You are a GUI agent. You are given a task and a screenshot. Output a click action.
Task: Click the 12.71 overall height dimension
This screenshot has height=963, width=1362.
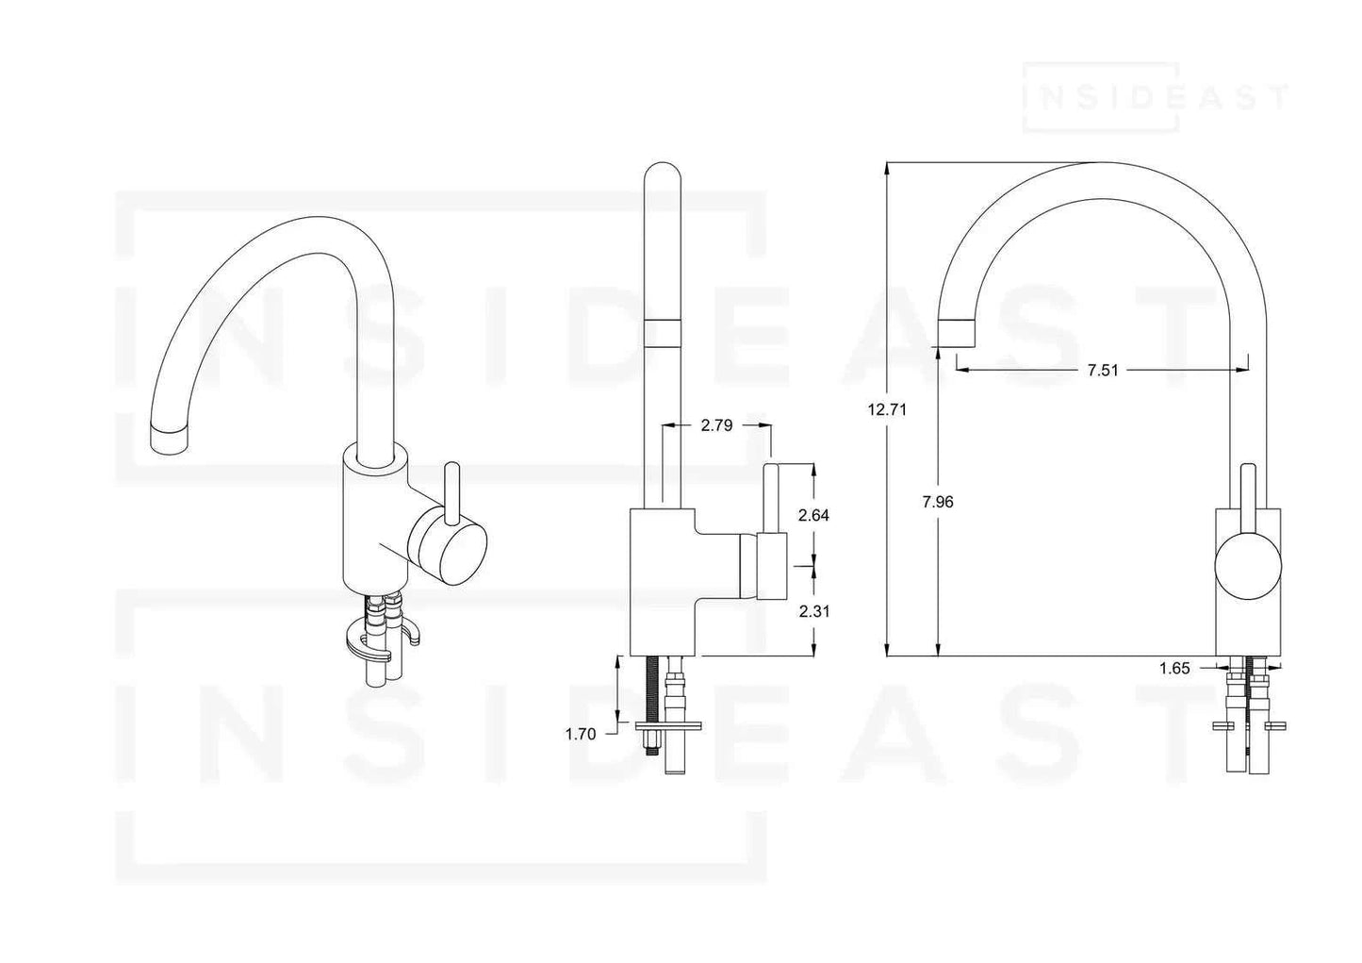pos(885,409)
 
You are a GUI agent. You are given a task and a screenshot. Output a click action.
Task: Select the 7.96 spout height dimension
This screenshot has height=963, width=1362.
pos(938,502)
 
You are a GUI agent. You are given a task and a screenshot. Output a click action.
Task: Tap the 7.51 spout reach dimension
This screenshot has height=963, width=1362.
pos(1102,370)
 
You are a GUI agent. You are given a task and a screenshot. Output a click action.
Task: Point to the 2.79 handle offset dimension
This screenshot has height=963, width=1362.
pos(716,425)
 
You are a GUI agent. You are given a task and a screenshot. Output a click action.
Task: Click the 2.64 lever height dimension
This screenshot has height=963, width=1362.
pos(812,515)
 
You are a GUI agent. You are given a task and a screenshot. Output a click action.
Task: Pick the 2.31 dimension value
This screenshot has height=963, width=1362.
pos(812,611)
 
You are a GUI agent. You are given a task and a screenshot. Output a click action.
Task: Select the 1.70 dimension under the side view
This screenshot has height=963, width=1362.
pos(580,734)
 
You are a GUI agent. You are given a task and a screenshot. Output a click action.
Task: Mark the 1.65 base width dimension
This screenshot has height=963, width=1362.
pos(1174,669)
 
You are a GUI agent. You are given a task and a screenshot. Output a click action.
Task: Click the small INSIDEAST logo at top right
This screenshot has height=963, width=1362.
pos(1156,96)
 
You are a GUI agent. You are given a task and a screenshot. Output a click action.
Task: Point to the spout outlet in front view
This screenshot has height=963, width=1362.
pos(957,332)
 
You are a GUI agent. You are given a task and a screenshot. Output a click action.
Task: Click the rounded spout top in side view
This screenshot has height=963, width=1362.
pos(663,179)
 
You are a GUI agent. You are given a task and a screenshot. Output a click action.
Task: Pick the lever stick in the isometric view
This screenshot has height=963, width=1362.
pos(451,489)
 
